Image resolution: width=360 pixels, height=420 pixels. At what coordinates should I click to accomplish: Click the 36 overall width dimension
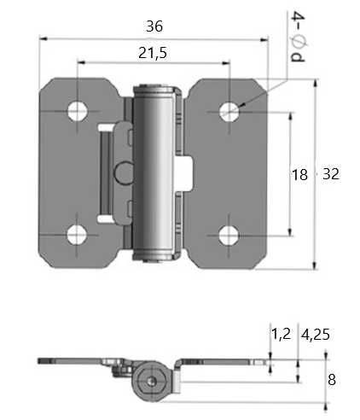click(154, 26)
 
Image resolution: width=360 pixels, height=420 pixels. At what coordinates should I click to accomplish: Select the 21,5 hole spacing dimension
click(153, 53)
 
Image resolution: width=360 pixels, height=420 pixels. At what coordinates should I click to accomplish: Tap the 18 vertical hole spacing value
click(299, 174)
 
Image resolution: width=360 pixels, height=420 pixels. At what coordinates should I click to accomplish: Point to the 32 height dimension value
click(331, 174)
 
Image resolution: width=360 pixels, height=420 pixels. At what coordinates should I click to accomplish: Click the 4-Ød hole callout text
click(298, 37)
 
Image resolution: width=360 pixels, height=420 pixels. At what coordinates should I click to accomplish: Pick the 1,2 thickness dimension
click(282, 334)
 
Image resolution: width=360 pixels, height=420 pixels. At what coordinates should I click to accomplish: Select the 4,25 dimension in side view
click(316, 335)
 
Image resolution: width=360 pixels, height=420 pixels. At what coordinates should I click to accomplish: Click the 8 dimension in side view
click(332, 380)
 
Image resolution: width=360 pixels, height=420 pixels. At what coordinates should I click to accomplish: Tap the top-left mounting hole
click(78, 111)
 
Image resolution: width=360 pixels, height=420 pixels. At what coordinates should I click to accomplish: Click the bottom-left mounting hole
click(77, 235)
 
